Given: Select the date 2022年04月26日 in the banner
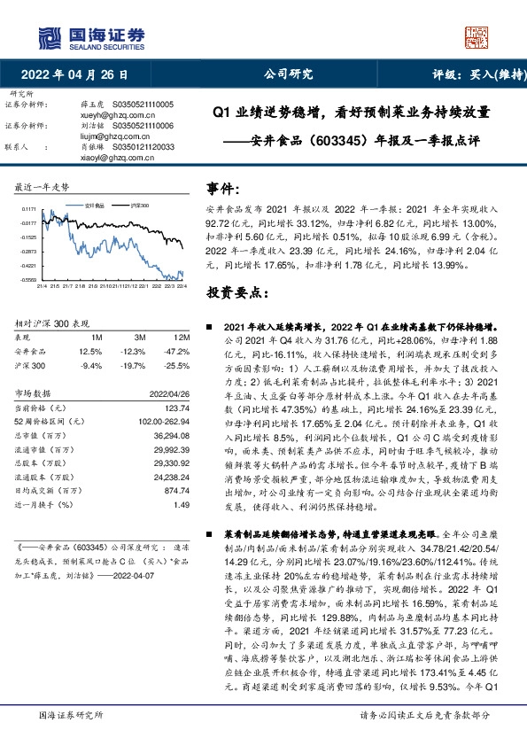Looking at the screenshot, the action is click(x=80, y=75).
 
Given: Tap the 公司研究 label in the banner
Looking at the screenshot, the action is click(x=290, y=75).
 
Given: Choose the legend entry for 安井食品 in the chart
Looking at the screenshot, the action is click(x=95, y=204).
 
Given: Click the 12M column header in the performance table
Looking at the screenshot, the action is click(x=182, y=337).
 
